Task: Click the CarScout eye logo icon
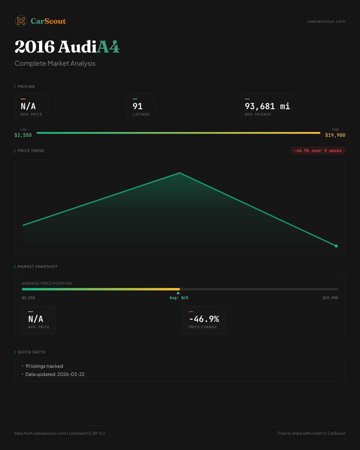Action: tap(21, 21)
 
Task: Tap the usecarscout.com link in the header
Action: tap(326, 21)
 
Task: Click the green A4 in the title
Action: tap(108, 47)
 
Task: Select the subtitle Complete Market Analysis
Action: tap(55, 64)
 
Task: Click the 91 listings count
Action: tap(138, 106)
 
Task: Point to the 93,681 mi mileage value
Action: tap(267, 106)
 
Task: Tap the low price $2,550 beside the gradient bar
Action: tap(23, 135)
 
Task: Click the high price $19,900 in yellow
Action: tap(335, 135)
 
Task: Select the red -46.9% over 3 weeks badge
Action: tap(318, 151)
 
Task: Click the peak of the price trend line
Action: tap(180, 173)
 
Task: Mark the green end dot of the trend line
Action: tap(336, 246)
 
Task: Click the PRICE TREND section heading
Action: tap(31, 151)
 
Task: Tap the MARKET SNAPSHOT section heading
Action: tap(37, 267)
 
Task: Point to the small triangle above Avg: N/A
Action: tap(178, 293)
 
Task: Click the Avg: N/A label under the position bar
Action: tap(179, 298)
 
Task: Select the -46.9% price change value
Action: tap(204, 319)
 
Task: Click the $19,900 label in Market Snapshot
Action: tap(330, 298)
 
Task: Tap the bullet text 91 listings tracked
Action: tap(44, 366)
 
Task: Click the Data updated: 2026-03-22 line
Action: tap(55, 374)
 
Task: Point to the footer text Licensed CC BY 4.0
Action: tap(87, 433)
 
